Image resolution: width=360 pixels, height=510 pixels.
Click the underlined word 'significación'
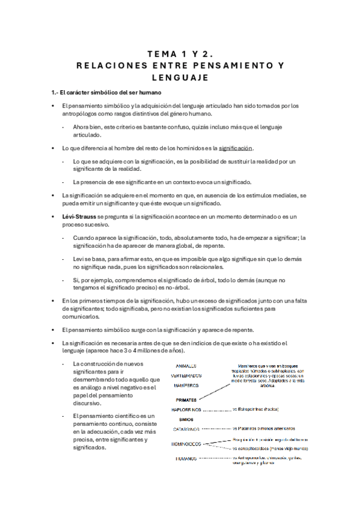(x=236, y=148)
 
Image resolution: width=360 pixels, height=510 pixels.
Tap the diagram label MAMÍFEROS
(x=186, y=385)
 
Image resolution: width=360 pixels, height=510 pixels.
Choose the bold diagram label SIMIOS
(x=186, y=419)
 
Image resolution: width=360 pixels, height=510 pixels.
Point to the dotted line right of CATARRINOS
(x=216, y=429)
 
